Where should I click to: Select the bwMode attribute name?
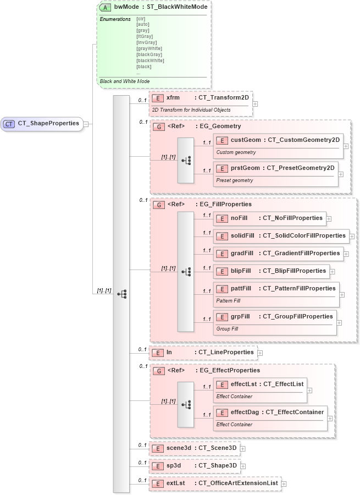tap(126, 8)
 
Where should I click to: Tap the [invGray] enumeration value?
tap(146, 42)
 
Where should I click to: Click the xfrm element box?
tap(200, 98)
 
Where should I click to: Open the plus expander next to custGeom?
tap(346, 146)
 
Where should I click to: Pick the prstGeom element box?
tap(275, 168)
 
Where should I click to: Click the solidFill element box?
tap(281, 236)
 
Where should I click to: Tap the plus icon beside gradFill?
tap(347, 254)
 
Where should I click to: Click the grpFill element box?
tap(275, 317)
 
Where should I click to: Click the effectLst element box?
tap(260, 384)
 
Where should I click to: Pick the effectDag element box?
tap(270, 411)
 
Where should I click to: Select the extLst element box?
tap(215, 483)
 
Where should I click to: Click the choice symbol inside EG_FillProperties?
tap(185, 271)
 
